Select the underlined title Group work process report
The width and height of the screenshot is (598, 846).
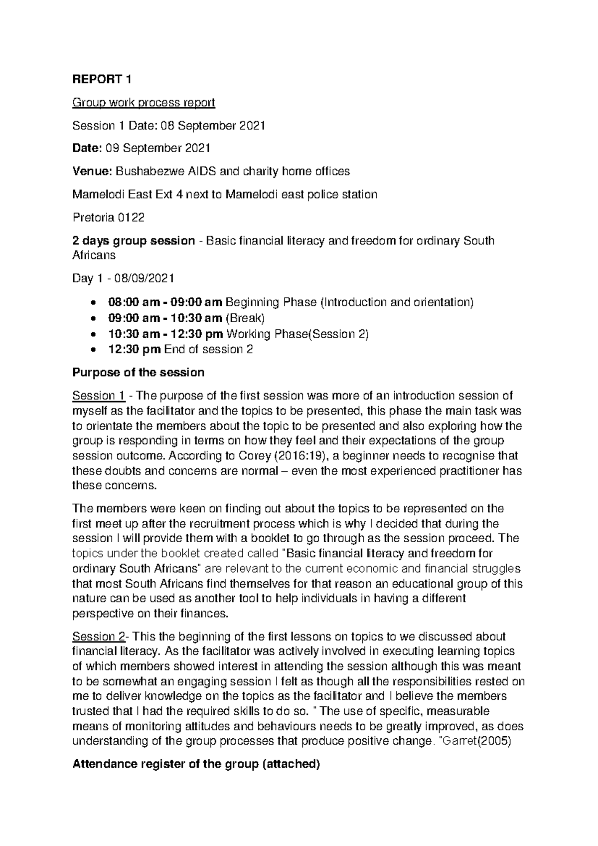click(x=144, y=103)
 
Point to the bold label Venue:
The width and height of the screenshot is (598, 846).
click(x=92, y=172)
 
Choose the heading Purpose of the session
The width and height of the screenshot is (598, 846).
click(x=138, y=373)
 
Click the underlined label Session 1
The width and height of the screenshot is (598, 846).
click(x=99, y=396)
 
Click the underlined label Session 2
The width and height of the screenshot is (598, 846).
click(x=99, y=636)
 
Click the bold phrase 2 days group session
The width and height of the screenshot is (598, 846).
click(x=134, y=241)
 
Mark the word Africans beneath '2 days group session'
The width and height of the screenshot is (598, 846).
click(x=94, y=255)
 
